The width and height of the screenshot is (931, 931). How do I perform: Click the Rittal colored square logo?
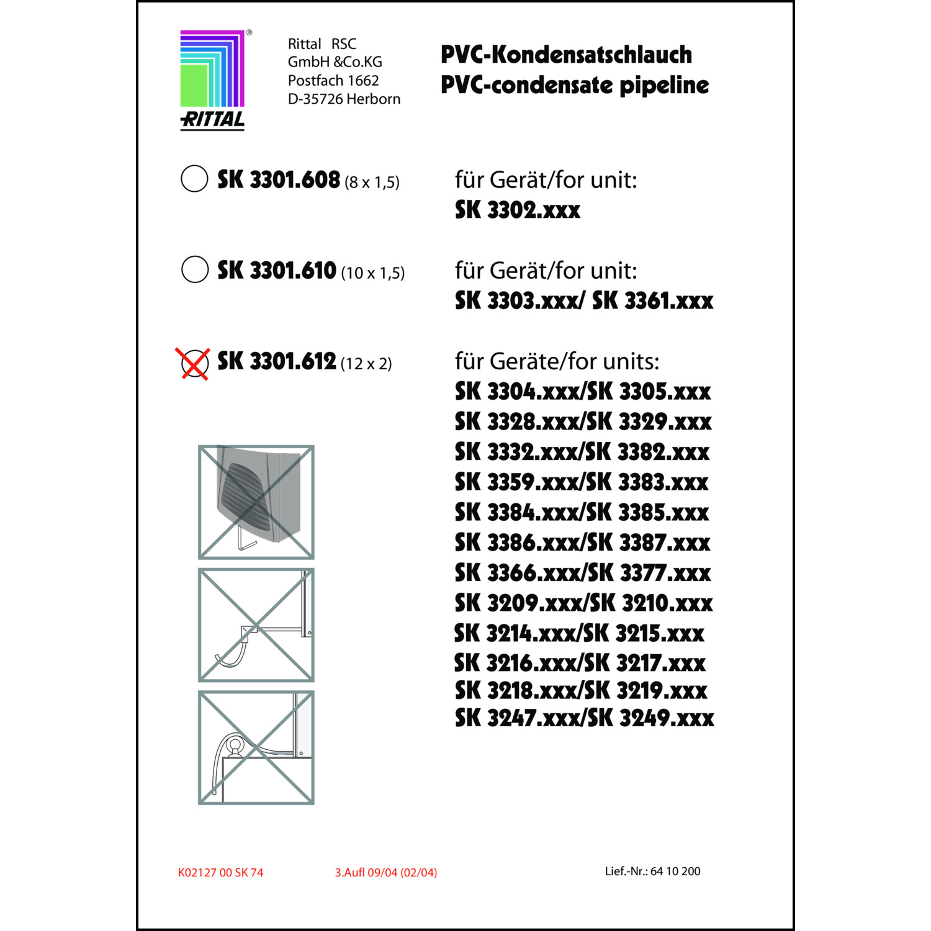click(x=212, y=69)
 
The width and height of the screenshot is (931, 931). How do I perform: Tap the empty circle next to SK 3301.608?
click(x=194, y=179)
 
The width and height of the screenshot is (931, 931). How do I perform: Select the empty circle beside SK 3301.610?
click(x=195, y=269)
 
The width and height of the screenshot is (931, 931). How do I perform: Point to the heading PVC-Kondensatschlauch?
click(x=566, y=55)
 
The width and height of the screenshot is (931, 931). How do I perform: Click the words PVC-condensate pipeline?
click(x=575, y=85)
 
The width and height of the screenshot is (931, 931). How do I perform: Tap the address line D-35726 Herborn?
click(x=344, y=99)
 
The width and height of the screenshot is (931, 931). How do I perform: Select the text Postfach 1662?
click(x=333, y=81)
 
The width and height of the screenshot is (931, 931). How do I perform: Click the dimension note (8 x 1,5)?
click(x=372, y=182)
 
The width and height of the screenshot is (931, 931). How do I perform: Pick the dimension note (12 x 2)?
click(x=366, y=364)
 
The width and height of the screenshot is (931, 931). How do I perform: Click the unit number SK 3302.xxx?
click(x=518, y=210)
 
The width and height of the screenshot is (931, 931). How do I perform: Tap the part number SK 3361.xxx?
click(x=652, y=301)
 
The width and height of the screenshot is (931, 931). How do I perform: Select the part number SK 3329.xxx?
click(x=650, y=422)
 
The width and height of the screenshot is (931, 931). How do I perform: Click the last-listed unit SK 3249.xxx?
click(x=651, y=718)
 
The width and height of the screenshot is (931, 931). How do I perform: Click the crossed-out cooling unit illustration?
click(x=256, y=502)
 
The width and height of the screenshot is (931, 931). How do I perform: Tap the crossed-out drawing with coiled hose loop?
click(x=256, y=747)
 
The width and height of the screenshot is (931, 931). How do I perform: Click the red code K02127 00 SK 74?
click(x=220, y=873)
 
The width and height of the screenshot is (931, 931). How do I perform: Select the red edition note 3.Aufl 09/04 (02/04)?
click(x=385, y=873)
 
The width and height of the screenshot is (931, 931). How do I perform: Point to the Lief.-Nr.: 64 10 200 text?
click(x=652, y=871)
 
